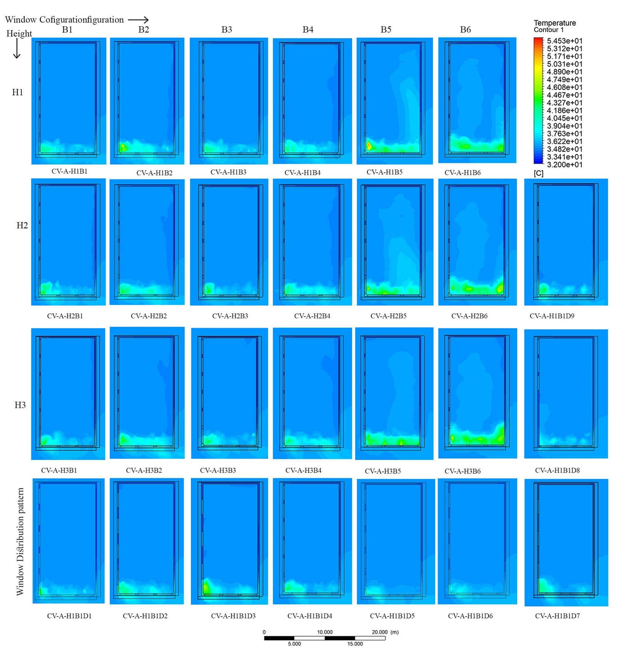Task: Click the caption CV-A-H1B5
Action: pyautogui.click(x=384, y=172)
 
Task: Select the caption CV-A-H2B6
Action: pyautogui.click(x=469, y=316)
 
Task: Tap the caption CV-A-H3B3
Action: pyautogui.click(x=217, y=470)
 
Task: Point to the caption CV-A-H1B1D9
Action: pyautogui.click(x=551, y=316)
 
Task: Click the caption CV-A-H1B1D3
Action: pyautogui.click(x=233, y=616)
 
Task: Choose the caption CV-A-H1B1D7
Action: pyautogui.click(x=557, y=616)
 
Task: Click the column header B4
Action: pyautogui.click(x=308, y=30)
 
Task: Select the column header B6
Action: pyautogui.click(x=465, y=30)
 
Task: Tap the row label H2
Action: pyautogui.click(x=22, y=225)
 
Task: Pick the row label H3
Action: pyautogui.click(x=20, y=405)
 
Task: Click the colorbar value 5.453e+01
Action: pyautogui.click(x=564, y=41)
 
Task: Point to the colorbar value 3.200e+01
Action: pyautogui.click(x=564, y=165)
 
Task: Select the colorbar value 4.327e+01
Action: pyautogui.click(x=564, y=103)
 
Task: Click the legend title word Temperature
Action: pyautogui.click(x=555, y=23)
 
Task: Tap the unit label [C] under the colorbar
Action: pyautogui.click(x=538, y=174)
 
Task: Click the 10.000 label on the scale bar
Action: pyautogui.click(x=325, y=632)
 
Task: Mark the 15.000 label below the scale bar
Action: pyautogui.click(x=355, y=644)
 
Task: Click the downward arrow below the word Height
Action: pyautogui.click(x=17, y=49)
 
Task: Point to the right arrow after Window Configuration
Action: pyautogui.click(x=138, y=20)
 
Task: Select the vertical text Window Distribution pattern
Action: pyautogui.click(x=20, y=541)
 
